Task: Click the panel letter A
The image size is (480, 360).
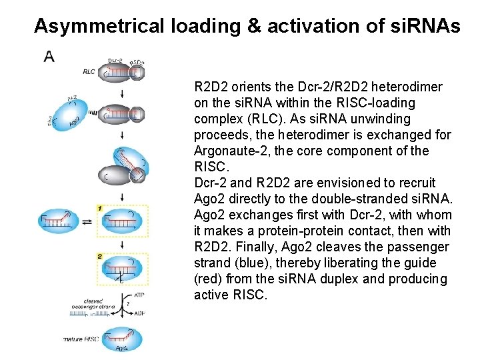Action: (49, 57)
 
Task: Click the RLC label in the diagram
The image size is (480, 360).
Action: (89, 71)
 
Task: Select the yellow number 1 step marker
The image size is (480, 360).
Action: (99, 209)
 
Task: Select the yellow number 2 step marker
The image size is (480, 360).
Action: (99, 256)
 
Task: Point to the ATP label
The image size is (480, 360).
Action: (139, 294)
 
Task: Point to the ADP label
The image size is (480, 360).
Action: (139, 313)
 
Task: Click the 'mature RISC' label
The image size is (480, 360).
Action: (81, 339)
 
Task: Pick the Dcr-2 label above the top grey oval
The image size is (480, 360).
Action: (115, 61)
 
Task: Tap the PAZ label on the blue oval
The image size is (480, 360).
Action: (73, 98)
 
